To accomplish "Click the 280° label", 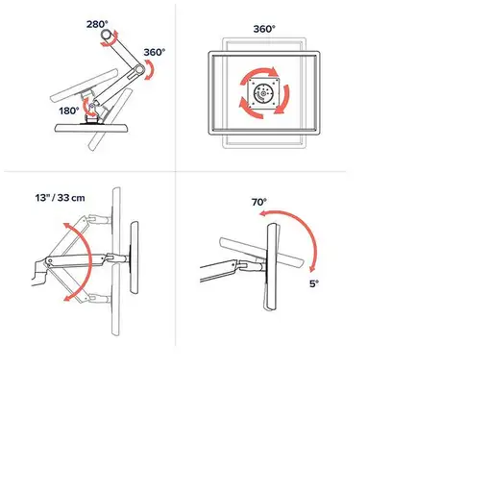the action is click(x=97, y=24).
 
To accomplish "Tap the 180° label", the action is click(x=69, y=110).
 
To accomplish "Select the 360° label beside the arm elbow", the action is click(x=155, y=52).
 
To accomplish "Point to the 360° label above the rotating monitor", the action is click(x=264, y=29).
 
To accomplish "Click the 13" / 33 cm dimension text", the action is click(x=61, y=198).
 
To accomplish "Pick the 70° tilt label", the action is click(x=258, y=203).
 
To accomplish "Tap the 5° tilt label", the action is click(x=314, y=283).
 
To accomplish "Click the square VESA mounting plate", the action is click(x=264, y=93).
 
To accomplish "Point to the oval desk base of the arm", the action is click(x=92, y=128).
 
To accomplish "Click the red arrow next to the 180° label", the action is click(x=86, y=108).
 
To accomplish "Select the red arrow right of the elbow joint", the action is click(x=150, y=70).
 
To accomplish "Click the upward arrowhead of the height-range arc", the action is click(x=66, y=226).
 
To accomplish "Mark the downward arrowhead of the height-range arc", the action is click(x=66, y=299).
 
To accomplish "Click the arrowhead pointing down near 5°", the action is click(x=312, y=269).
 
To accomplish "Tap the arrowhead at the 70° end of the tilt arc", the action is click(x=262, y=213).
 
